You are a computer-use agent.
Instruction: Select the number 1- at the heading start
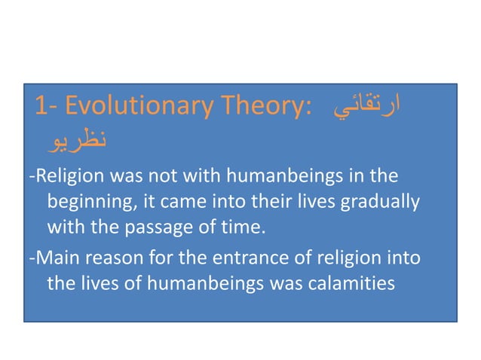[x=47, y=108]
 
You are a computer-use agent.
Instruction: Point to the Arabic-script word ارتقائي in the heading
[x=365, y=108]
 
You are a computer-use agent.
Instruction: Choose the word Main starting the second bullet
[x=51, y=259]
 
